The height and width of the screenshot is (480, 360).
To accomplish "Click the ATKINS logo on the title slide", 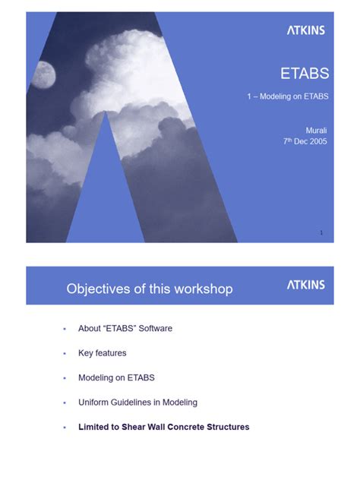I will click(x=305, y=30).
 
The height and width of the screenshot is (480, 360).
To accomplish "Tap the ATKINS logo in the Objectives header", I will click(x=305, y=285).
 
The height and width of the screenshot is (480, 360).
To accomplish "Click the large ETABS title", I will click(x=305, y=74).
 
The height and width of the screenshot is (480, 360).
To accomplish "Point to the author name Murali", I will click(x=316, y=130).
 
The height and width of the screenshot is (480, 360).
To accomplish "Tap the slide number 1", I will click(x=321, y=232).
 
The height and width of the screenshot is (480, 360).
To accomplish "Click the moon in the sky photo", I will click(x=43, y=74).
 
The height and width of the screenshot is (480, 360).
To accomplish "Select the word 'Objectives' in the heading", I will click(x=98, y=289).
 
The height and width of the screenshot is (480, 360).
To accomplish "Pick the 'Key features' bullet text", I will click(x=102, y=353).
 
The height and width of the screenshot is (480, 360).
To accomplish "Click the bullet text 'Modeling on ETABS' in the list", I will click(x=116, y=377).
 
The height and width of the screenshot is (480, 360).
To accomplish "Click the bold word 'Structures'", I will click(x=227, y=427).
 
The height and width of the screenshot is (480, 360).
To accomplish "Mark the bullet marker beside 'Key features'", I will click(x=65, y=354).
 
